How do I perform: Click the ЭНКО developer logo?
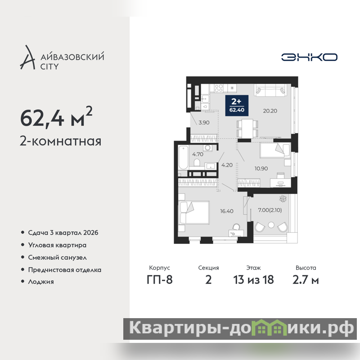[309, 57]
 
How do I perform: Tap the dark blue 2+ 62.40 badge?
[237, 105]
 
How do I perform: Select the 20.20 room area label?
[270, 111]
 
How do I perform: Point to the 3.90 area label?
[204, 122]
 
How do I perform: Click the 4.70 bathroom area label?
[198, 154]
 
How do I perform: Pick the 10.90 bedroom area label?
[261, 168]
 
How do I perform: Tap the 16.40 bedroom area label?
[227, 211]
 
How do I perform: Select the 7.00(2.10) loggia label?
[270, 210]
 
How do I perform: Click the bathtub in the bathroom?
[183, 157]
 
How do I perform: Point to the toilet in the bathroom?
[197, 162]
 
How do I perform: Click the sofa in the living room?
[270, 90]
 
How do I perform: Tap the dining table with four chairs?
[247, 129]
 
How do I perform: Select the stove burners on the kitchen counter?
[218, 88]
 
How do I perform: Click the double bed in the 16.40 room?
[194, 212]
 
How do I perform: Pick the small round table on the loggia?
[271, 225]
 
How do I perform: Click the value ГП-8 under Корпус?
[160, 280]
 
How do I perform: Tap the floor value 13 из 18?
[253, 280]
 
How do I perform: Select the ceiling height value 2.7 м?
[306, 280]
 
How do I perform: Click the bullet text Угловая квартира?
[57, 245]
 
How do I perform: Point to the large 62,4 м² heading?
[56, 117]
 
